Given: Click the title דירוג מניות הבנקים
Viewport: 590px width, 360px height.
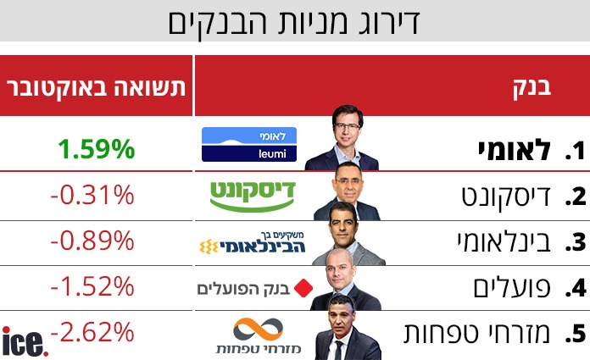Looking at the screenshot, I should (x=296, y=23).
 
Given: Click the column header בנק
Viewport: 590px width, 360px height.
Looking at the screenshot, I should (x=533, y=87).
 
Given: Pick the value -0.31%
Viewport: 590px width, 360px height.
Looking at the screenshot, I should (x=92, y=196).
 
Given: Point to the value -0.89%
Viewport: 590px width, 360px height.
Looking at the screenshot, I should (x=92, y=241).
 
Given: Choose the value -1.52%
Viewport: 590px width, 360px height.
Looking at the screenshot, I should (x=92, y=286).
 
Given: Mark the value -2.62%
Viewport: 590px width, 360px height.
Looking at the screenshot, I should (x=92, y=331).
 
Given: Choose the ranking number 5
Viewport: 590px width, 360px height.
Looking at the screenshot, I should (x=577, y=333).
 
